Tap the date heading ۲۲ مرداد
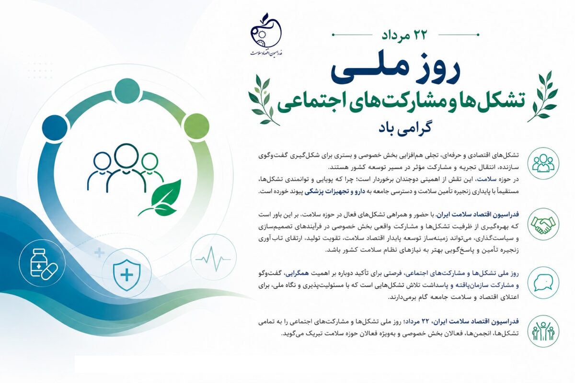(404, 35)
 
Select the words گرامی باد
(404, 128)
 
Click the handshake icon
(543, 225)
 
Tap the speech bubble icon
(543, 282)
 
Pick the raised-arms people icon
(543, 331)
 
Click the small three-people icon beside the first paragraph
(543, 163)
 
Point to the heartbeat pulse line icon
(213, 259)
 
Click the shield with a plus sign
(126, 275)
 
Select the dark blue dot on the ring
(55, 127)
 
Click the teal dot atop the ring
(127, 90)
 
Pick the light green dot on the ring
(197, 126)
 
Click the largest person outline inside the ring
(126, 167)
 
